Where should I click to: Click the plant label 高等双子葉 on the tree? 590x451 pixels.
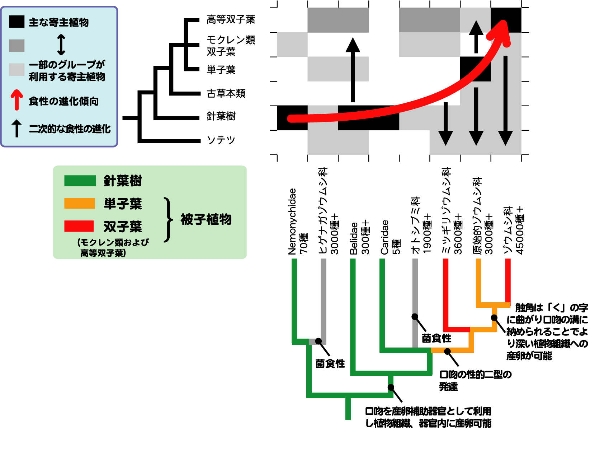231,19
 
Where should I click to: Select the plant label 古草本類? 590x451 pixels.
226,93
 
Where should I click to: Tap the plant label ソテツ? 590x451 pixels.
221,140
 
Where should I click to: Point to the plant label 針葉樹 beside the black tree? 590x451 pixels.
221,116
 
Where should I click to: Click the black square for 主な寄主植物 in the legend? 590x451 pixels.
16,22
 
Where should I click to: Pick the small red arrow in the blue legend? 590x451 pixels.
16,100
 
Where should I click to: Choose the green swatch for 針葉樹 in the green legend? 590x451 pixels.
80,181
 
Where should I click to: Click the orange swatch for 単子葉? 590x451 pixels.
80,203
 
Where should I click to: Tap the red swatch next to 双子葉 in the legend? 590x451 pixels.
79,226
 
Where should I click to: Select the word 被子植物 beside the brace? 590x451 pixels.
206,219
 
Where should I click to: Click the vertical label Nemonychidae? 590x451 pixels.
292,222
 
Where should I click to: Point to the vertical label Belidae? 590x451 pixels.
354,238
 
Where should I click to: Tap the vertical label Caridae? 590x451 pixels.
384,237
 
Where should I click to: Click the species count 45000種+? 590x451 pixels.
520,230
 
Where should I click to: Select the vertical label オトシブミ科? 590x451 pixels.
416,225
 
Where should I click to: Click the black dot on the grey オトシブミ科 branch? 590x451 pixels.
415,317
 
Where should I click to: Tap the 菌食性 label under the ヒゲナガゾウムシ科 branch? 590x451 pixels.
330,363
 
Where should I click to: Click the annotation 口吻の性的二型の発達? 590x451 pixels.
475,381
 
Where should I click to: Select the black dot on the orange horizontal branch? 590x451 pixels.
447,352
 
